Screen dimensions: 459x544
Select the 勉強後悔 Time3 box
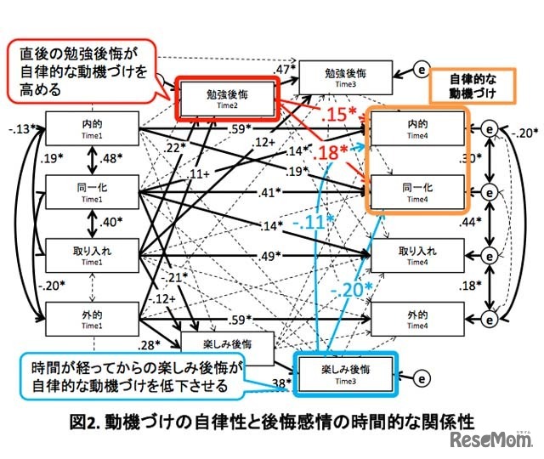pos(345,73)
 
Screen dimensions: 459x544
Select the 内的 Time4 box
pos(417,129)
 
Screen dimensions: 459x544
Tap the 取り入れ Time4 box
pos(417,254)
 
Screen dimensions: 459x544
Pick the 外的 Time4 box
pos(417,318)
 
